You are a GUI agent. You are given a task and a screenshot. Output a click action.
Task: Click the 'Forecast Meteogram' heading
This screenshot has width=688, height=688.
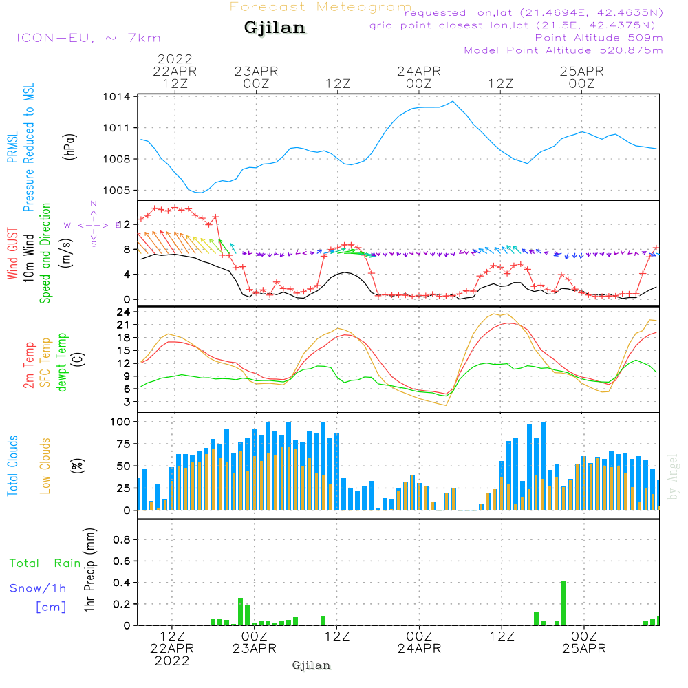pyautogui.click(x=321, y=7)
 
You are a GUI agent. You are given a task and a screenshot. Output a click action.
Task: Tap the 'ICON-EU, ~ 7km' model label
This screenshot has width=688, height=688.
pyautogui.click(x=88, y=38)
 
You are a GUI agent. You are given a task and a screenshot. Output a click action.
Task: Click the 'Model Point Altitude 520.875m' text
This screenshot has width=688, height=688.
pyautogui.click(x=563, y=50)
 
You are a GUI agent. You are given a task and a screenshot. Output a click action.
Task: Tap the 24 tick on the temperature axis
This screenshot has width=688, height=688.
pyautogui.click(x=124, y=312)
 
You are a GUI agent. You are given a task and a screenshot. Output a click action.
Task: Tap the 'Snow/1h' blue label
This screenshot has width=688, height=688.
pyautogui.click(x=38, y=588)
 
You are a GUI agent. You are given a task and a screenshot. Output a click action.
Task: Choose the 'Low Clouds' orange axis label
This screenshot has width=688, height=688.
pyautogui.click(x=46, y=465)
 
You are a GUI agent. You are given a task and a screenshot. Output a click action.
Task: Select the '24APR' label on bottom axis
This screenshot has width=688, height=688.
pyautogui.click(x=419, y=648)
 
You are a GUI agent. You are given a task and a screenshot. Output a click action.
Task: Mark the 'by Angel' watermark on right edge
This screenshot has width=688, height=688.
pyautogui.click(x=674, y=477)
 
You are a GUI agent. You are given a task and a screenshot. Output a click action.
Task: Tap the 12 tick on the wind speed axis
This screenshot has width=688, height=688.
pyautogui.click(x=124, y=224)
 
